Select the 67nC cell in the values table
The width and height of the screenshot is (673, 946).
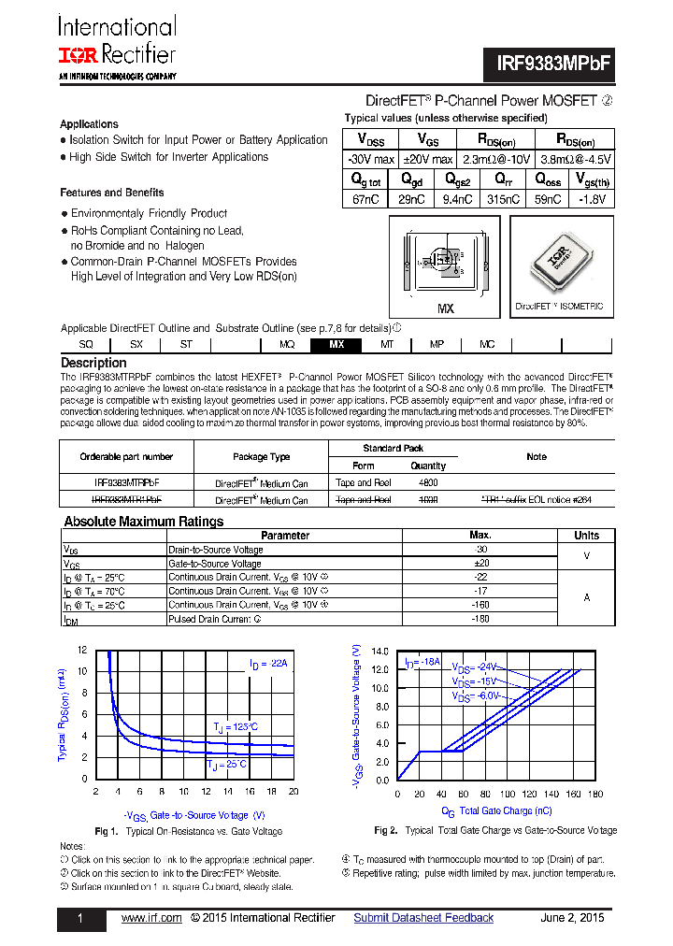tap(366, 199)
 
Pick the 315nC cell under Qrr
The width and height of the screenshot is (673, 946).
tap(503, 199)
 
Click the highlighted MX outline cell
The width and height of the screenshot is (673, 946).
tap(336, 345)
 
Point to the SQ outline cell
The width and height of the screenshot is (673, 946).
tap(86, 345)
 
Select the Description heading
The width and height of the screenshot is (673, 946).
tap(93, 363)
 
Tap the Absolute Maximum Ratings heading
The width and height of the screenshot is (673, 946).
tap(143, 522)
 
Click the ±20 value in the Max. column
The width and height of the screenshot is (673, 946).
tap(480, 564)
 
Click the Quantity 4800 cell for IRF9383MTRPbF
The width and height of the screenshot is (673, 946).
tap(428, 483)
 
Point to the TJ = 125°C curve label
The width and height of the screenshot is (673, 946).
tap(235, 726)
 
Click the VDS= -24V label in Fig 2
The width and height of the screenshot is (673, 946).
tap(476, 667)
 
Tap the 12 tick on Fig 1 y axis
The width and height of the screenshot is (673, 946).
tap(82, 650)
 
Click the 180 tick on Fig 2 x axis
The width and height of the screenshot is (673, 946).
tap(595, 795)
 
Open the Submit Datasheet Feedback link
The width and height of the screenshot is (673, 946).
tap(423, 918)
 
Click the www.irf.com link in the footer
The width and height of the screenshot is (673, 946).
tap(151, 918)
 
